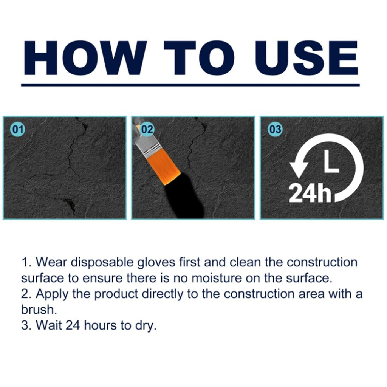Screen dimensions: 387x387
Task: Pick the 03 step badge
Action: pyautogui.click(x=275, y=130)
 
